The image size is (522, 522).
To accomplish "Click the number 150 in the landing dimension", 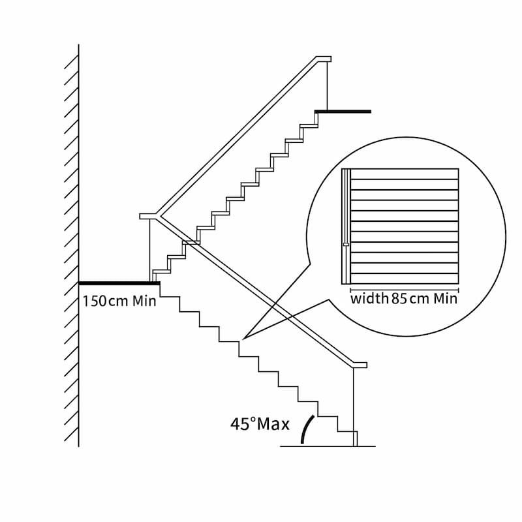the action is pyautogui.click(x=95, y=301).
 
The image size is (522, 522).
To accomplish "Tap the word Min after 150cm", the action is pyautogui.click(x=144, y=301).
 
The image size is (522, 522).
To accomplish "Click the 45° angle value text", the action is pyautogui.click(x=243, y=423).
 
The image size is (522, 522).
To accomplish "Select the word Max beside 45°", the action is pyautogui.click(x=273, y=424).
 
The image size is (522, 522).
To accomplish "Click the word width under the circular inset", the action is pyautogui.click(x=369, y=298).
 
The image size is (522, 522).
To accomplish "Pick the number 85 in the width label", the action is pyautogui.click(x=399, y=298).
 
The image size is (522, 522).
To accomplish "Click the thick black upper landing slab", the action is pyautogui.click(x=343, y=112).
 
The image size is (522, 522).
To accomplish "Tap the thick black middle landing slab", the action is pyautogui.click(x=119, y=283).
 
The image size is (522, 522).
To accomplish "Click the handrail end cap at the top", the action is pyautogui.click(x=324, y=59).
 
